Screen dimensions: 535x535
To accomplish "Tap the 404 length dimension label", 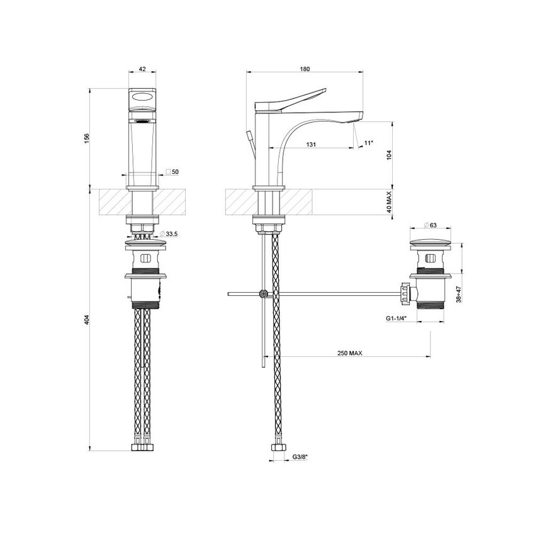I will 87,319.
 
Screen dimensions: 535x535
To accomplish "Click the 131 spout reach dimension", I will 310,144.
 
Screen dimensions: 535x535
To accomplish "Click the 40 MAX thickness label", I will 390,204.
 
